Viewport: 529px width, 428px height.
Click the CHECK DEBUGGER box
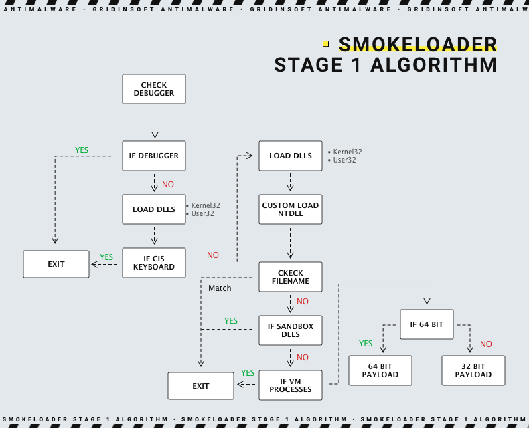(154, 89)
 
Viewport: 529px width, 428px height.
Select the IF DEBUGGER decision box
(154, 156)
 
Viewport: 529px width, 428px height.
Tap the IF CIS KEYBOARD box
(154, 263)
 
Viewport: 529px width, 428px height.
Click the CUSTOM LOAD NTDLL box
(291, 209)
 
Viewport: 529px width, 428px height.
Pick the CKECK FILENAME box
(291, 277)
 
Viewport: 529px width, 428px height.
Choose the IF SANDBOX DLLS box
(291, 330)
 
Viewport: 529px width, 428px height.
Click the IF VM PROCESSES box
(291, 385)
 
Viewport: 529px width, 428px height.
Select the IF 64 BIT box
(427, 324)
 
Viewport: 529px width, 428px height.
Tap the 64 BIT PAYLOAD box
(380, 370)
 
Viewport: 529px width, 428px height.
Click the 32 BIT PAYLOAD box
(473, 370)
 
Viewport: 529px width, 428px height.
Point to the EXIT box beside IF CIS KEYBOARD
(56, 264)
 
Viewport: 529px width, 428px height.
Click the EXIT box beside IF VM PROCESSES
(201, 386)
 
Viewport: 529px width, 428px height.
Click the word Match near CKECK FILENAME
(220, 288)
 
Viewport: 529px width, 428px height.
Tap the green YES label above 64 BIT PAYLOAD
(366, 344)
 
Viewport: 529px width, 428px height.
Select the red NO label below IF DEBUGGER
(168, 185)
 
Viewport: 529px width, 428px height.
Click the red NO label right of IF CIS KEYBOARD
(213, 255)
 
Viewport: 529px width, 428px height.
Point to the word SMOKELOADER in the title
(418, 45)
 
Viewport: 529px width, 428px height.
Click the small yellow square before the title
(326, 44)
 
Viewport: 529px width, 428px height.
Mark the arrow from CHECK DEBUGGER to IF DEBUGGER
(155, 122)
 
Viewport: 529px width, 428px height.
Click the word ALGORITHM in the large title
(433, 65)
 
